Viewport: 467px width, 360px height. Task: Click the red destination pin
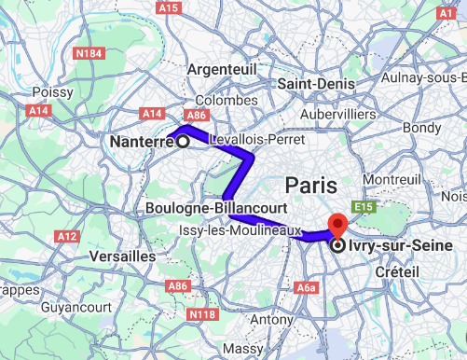tap(337, 227)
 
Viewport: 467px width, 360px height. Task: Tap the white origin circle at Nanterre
tap(183, 142)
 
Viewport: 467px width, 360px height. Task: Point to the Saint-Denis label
tap(313, 84)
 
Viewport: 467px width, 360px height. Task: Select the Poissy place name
tap(52, 92)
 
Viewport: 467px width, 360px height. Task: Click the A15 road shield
tap(169, 7)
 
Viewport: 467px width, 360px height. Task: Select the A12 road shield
tap(67, 237)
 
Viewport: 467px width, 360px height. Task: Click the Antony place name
tap(272, 320)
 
